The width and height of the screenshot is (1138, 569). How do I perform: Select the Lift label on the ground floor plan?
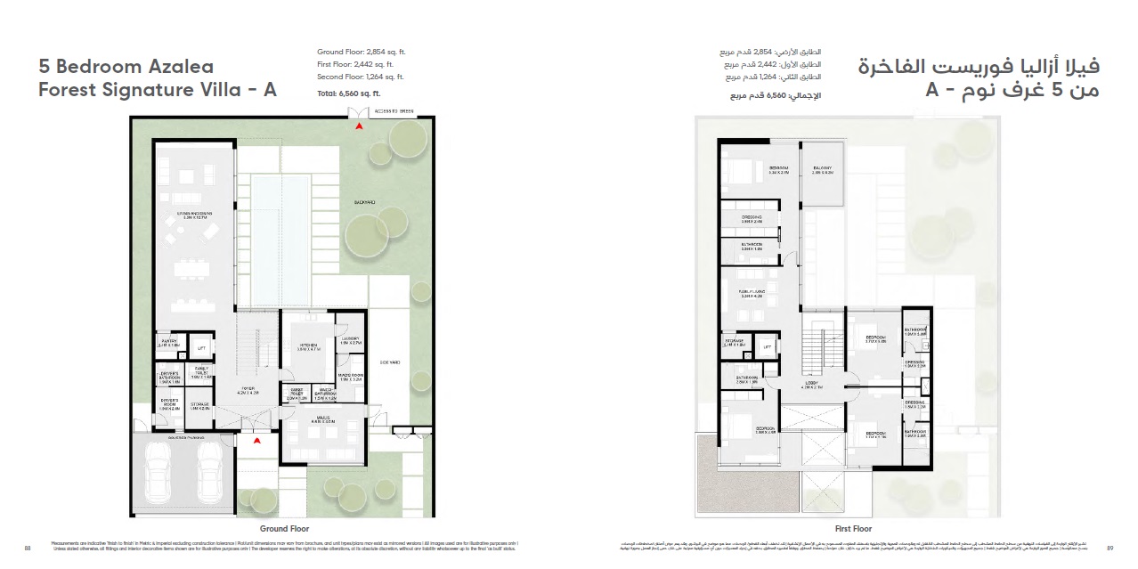[201, 346]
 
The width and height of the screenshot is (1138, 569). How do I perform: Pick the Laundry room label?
[350, 340]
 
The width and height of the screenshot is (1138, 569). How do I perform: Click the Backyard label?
[363, 202]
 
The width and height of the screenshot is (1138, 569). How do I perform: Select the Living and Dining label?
[191, 214]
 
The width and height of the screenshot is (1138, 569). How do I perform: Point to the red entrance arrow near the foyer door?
[256, 440]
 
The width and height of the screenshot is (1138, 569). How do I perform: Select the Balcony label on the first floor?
[821, 170]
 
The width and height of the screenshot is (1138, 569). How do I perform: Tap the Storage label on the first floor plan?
[735, 341]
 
